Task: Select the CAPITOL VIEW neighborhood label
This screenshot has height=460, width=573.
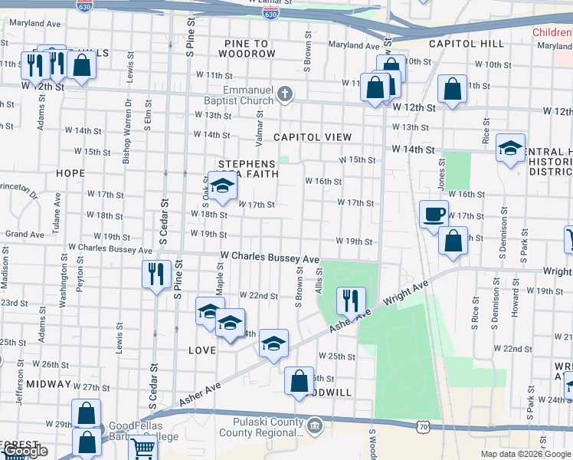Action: pos(313,137)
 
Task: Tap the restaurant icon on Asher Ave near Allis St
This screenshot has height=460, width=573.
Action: pos(351,301)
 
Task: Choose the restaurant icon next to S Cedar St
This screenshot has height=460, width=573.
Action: pos(156,273)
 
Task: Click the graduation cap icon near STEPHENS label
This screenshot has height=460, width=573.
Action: pos(222,186)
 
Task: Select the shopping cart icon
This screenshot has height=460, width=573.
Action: pos(142,448)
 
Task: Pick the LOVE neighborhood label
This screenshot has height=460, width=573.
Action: pos(201,350)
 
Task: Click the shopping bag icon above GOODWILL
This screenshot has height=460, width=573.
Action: pos(299,380)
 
